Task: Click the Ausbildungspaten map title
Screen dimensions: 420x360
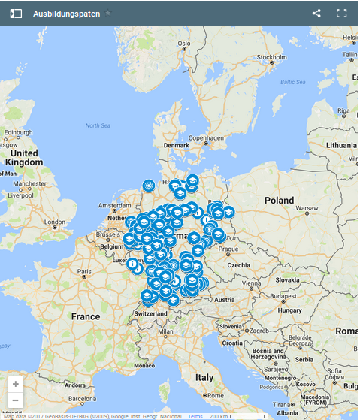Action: [66, 14]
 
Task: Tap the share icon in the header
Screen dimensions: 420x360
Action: [316, 14]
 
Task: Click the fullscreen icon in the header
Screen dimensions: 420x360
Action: [342, 14]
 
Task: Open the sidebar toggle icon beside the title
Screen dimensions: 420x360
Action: [16, 14]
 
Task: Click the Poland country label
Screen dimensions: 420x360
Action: [280, 201]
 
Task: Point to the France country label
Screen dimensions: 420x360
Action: [85, 316]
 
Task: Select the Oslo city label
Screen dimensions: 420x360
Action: [183, 44]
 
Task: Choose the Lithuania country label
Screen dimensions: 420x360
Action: [341, 144]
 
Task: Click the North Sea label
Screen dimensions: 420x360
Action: [97, 125]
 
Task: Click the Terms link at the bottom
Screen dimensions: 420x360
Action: [195, 415]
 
